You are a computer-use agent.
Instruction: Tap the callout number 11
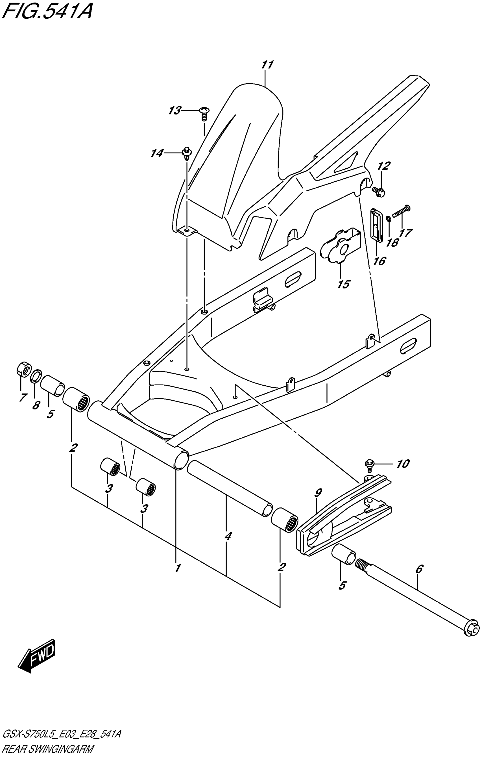pos(267,65)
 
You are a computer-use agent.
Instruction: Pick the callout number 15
pos(344,284)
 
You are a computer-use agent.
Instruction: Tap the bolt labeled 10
pos(369,464)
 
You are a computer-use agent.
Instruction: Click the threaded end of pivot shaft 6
pos(362,565)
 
